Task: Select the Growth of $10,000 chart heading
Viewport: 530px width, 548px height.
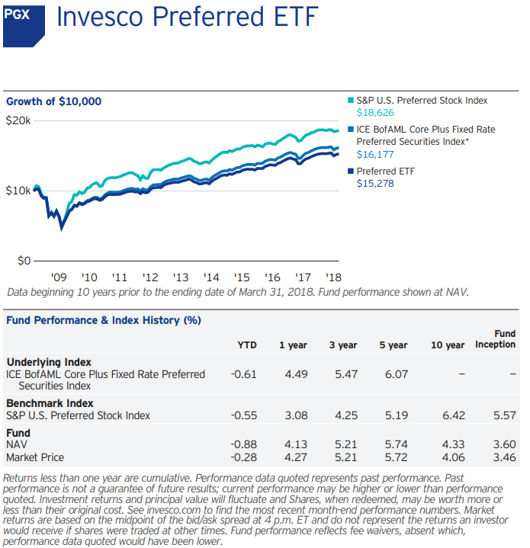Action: [53, 102]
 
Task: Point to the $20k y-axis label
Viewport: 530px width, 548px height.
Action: [18, 121]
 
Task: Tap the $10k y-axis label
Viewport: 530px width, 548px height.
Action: [18, 191]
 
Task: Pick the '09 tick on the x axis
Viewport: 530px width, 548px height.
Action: [59, 277]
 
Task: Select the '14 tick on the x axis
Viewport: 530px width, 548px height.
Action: [211, 277]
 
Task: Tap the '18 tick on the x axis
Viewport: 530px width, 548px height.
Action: [333, 277]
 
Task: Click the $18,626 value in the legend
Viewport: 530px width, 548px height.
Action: [375, 113]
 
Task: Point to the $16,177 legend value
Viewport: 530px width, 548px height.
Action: [375, 155]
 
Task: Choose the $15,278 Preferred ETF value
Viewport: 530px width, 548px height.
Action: [375, 183]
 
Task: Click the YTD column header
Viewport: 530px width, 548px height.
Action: [247, 345]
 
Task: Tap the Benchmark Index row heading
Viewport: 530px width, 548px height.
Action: [50, 403]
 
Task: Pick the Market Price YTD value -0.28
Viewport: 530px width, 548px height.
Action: [243, 457]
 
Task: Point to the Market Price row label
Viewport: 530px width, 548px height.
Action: [35, 457]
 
